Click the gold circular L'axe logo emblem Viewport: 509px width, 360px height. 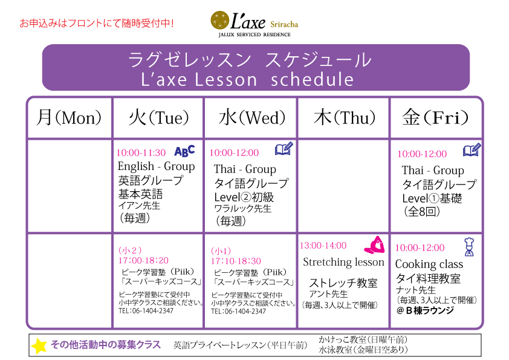coord(220,20)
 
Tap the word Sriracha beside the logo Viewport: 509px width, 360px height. coord(284,24)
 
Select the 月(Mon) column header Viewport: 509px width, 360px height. coord(69,117)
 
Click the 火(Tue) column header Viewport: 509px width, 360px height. coord(158,117)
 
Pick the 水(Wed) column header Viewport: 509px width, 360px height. coord(252,117)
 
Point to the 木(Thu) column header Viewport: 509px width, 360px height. coord(345,117)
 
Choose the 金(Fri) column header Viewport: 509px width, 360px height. coord(435,117)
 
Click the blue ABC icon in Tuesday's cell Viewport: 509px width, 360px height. coord(185,151)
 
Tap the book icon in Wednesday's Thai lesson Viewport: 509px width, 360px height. coord(284,148)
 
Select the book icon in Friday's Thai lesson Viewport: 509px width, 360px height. coord(472,150)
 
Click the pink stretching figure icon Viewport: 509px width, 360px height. coord(375,244)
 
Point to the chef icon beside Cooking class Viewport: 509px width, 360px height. coord(469,247)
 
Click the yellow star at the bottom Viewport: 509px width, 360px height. coord(39,346)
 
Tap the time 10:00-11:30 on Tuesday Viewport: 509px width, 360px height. coord(141,152)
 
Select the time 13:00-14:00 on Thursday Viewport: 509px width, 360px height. coord(323,245)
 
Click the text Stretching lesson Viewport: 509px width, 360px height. coord(343,262)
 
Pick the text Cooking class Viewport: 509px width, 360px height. coord(429,264)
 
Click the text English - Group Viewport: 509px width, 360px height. coord(156,166)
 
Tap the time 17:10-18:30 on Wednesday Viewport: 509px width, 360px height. coord(236,261)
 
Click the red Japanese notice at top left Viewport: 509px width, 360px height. coord(97,24)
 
